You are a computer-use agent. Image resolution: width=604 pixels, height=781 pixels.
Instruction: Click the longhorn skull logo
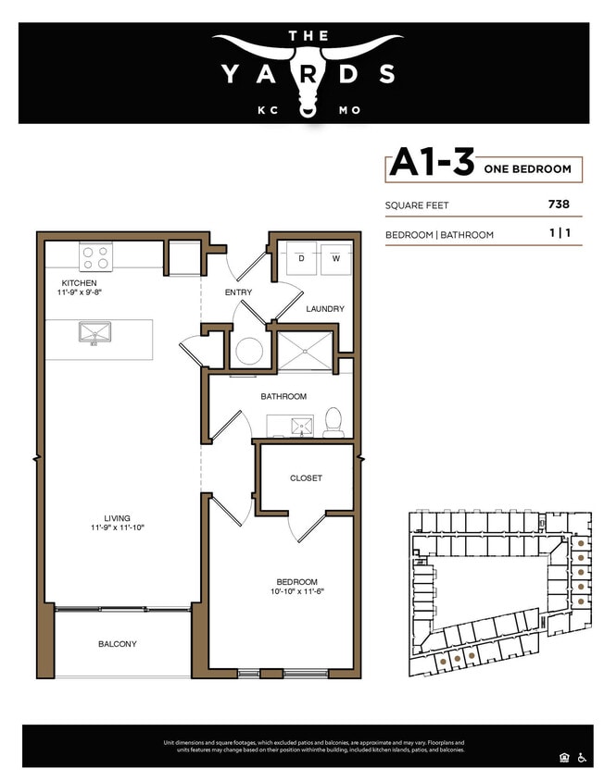[307, 70]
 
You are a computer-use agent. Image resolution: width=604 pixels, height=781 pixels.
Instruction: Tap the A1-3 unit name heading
[430, 163]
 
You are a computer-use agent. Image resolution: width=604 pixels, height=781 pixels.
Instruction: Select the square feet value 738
[559, 205]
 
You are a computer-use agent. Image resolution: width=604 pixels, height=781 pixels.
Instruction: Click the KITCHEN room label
[79, 282]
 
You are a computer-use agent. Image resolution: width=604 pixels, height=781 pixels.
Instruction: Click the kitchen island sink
[94, 332]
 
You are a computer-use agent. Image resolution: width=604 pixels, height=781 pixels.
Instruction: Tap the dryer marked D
[300, 259]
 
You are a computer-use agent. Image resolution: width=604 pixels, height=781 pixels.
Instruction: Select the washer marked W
[335, 259]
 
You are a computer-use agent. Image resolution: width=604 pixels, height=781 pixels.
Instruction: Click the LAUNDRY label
[325, 309]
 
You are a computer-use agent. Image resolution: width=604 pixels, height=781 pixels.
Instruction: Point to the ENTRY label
[238, 292]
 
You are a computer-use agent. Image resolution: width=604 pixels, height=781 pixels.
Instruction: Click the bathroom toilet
[333, 424]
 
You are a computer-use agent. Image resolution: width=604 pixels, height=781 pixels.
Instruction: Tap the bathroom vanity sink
[301, 427]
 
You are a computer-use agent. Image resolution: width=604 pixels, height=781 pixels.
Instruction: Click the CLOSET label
[306, 478]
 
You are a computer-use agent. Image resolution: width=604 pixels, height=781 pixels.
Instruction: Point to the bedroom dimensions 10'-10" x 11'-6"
[296, 590]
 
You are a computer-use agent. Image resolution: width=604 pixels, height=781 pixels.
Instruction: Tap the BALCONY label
[118, 644]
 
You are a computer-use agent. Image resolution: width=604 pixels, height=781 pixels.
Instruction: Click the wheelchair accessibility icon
[582, 758]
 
